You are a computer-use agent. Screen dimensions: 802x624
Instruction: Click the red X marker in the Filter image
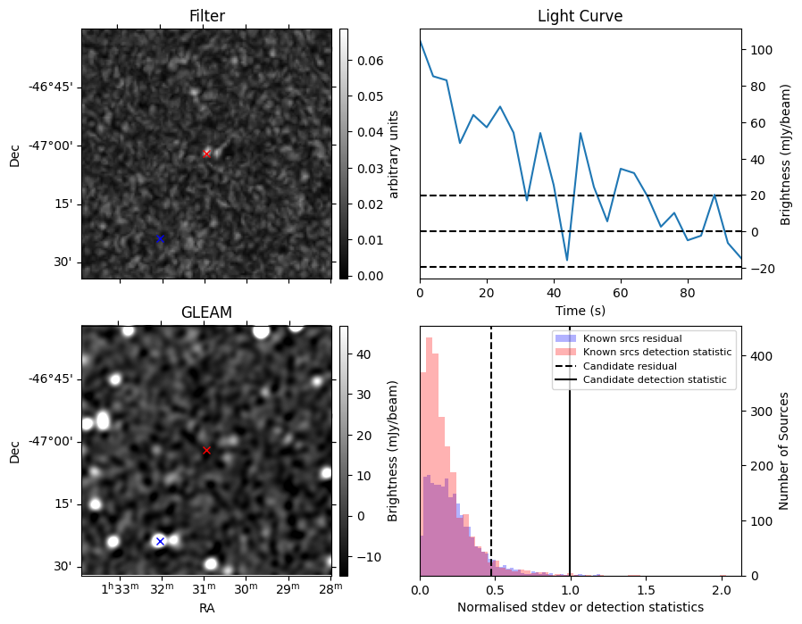point(206,154)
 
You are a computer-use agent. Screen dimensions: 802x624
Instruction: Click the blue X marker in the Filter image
point(160,238)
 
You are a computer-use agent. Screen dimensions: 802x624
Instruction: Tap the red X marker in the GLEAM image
point(206,450)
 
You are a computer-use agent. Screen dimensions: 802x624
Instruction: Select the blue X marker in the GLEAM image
point(160,541)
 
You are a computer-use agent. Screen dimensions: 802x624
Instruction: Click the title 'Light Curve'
point(580,16)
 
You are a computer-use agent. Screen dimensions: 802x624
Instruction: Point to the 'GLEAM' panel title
point(206,312)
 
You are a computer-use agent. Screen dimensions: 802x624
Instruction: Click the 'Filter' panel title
point(206,16)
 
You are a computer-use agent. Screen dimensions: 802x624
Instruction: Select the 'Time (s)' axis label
point(580,310)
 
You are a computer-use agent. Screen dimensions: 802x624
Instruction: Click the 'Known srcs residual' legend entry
point(632,338)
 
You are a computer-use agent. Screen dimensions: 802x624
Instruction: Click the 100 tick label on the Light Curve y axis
point(761,50)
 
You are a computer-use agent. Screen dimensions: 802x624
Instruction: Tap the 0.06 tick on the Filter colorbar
point(371,61)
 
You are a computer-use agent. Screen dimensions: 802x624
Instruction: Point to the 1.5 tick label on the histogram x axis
point(646,590)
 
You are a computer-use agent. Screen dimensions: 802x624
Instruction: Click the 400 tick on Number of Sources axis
point(761,356)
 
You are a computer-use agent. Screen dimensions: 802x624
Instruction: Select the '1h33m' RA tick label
point(121,589)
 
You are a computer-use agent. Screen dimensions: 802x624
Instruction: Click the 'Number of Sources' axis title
point(783,452)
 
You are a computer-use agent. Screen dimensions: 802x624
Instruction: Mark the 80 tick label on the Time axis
point(688,293)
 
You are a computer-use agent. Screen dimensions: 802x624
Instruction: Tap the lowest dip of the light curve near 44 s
point(567,261)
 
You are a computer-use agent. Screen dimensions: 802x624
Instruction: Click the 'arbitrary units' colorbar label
point(393,154)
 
